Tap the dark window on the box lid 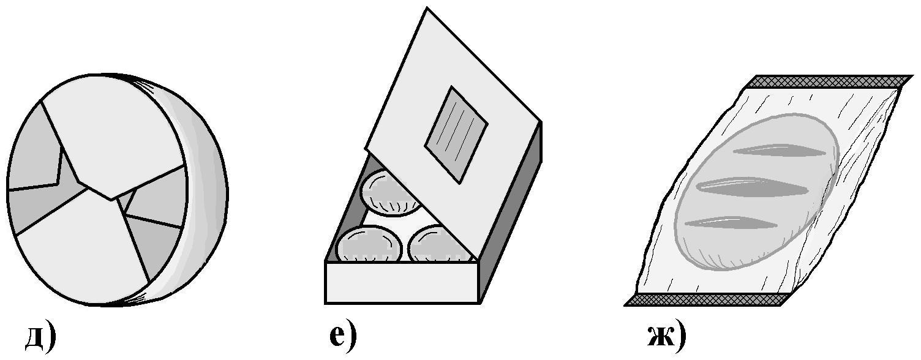pyautogui.click(x=456, y=134)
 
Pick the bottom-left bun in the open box pyautogui.click(x=369, y=245)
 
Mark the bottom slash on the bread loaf pyautogui.click(x=731, y=222)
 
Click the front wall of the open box pyautogui.click(x=403, y=282)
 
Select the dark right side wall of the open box pyautogui.click(x=511, y=212)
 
